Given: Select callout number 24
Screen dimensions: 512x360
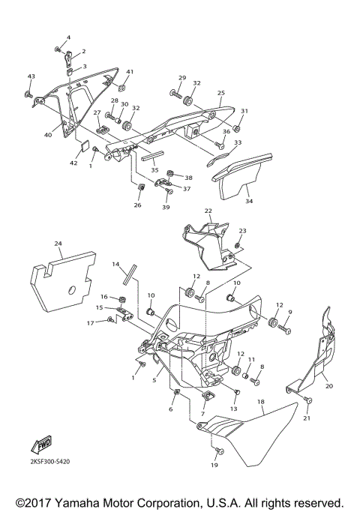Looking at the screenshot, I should pyautogui.click(x=58, y=244).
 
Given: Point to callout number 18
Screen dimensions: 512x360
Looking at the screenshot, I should pyautogui.click(x=261, y=402).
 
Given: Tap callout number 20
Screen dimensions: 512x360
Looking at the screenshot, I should pyautogui.click(x=328, y=387).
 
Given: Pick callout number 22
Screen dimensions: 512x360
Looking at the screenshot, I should pyautogui.click(x=208, y=211).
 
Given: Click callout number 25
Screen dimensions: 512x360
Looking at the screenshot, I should pyautogui.click(x=220, y=93).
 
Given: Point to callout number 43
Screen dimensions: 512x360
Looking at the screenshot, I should pyautogui.click(x=31, y=76).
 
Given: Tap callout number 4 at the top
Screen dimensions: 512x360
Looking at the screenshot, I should pyautogui.click(x=67, y=37).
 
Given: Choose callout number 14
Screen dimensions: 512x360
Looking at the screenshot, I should pyautogui.click(x=116, y=265).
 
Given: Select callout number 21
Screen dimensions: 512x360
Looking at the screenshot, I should pyautogui.click(x=306, y=418).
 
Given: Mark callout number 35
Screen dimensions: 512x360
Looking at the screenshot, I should pyautogui.click(x=154, y=170).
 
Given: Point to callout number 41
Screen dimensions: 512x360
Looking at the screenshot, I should pyautogui.click(x=129, y=72).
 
